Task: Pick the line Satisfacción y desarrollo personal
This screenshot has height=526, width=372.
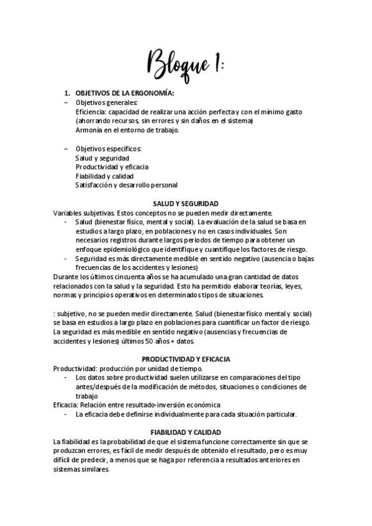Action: [126, 185]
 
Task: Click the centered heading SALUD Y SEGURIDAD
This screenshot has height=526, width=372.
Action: [185, 203]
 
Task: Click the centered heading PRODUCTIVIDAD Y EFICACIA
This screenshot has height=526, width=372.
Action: [185, 359]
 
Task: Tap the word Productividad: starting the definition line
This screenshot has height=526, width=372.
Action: [76, 368]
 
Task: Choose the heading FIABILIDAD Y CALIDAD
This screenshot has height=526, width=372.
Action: [186, 432]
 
